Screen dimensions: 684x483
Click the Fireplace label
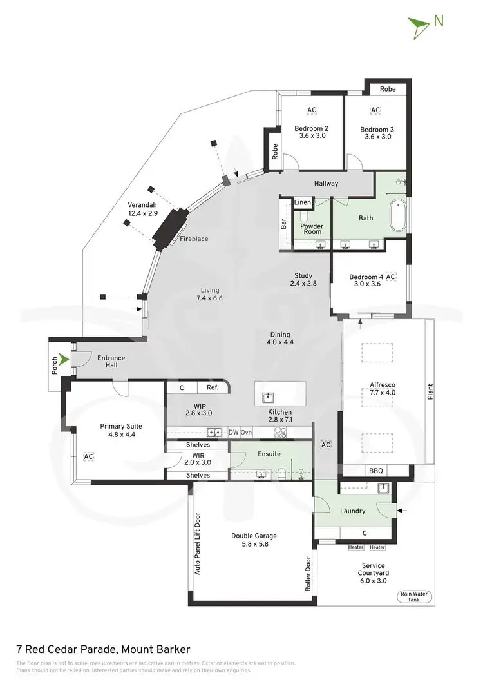(193, 239)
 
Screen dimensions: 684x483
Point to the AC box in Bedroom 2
(312, 110)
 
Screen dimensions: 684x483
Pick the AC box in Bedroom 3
(375, 110)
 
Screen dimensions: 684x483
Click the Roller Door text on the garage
(308, 574)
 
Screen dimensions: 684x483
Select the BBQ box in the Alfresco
(376, 471)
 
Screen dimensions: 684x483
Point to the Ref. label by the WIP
(213, 387)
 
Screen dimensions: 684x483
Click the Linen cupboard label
(302, 202)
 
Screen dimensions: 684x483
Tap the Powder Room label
(311, 230)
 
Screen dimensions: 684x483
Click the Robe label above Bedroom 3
(387, 89)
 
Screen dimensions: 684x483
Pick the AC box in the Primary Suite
(88, 456)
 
